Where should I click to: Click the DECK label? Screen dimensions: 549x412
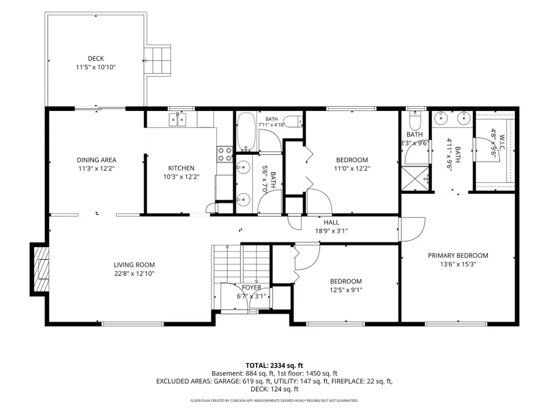tap(95, 58)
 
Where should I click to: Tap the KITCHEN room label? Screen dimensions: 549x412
tap(181, 168)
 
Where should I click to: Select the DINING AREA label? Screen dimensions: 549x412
tap(96, 160)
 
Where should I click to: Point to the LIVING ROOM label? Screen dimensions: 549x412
tap(134, 265)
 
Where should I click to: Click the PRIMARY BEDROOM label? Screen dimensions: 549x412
tap(458, 256)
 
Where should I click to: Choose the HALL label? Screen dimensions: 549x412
tap(331, 222)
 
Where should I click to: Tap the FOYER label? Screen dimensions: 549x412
tap(251, 288)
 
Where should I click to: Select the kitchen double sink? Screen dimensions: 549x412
tap(177, 119)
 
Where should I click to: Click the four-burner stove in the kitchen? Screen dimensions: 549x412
tap(225, 154)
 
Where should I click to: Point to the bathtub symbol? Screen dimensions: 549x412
tap(246, 132)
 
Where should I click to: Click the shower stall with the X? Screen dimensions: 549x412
tap(415, 178)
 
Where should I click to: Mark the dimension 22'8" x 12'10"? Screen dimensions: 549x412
tap(134, 274)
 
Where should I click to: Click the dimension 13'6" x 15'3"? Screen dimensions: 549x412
tap(458, 264)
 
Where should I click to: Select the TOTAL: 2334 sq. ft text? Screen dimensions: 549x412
tap(274, 366)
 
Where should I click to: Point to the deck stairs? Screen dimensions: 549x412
tap(157, 60)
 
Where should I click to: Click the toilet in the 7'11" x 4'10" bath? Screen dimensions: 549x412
tap(292, 122)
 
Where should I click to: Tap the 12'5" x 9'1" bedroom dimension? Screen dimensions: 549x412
tap(346, 290)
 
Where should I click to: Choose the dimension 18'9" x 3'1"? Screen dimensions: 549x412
tap(331, 231)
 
